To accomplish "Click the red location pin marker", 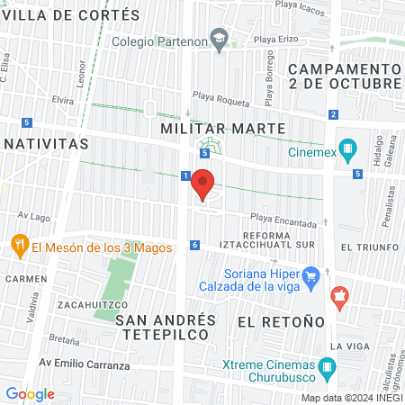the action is (202, 184).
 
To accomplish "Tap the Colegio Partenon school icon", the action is (219, 39).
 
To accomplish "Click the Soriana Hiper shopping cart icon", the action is (310, 275).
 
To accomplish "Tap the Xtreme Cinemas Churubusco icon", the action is (328, 367).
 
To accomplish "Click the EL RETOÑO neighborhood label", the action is (280, 321).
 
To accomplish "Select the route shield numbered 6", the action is (194, 245).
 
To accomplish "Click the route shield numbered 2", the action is (333, 114).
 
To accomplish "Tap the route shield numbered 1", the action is (184, 175).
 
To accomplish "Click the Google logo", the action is (30, 394).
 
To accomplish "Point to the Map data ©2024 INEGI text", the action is (351, 399).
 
